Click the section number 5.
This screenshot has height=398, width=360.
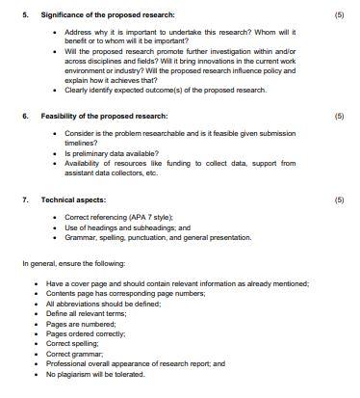tap(25, 15)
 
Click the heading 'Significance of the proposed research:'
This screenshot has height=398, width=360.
tap(92, 15)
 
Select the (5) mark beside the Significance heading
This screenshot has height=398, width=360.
tap(338, 15)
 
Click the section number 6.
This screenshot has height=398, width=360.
tap(25, 116)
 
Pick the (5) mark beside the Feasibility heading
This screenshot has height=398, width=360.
tap(338, 116)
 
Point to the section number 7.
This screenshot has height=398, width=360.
tap(25, 200)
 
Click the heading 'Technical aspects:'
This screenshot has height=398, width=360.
tap(70, 200)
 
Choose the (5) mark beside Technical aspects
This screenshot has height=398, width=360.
tap(338, 200)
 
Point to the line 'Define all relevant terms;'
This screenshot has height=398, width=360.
tap(88, 314)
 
